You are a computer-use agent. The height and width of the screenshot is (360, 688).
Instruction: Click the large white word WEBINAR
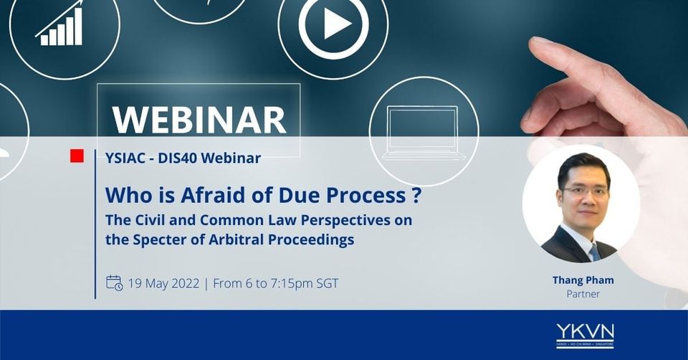[200, 120]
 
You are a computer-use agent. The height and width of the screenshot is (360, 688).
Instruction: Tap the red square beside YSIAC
[77, 156]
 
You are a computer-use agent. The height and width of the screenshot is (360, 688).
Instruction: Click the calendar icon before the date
[114, 283]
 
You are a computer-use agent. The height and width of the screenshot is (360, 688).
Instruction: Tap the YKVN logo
[585, 336]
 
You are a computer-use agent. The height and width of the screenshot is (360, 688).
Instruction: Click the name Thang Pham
[583, 280]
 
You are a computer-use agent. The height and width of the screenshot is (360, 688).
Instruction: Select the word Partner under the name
[583, 294]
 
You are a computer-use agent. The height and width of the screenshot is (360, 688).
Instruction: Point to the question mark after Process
[417, 195]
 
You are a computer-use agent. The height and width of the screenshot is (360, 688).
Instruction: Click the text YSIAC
[125, 158]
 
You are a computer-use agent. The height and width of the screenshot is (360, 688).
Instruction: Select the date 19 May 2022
[163, 283]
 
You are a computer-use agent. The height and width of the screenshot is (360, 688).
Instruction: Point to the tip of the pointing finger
[532, 42]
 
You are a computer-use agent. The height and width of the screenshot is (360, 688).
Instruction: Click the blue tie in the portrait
[595, 252]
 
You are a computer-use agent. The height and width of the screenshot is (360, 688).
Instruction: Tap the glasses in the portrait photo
[585, 191]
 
